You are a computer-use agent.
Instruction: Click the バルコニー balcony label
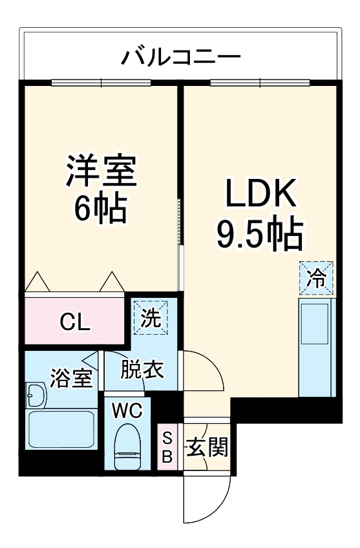point(181,57)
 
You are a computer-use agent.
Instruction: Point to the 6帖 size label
point(100,208)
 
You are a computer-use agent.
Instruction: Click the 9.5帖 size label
point(259,234)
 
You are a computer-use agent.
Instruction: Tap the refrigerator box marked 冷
point(316,279)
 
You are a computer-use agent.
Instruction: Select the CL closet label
point(75,321)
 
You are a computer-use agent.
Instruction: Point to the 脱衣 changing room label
point(142,372)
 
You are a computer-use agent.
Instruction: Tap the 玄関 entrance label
point(206,447)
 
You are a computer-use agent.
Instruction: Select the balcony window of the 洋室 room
point(101,82)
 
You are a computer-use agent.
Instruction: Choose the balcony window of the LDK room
point(260,82)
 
